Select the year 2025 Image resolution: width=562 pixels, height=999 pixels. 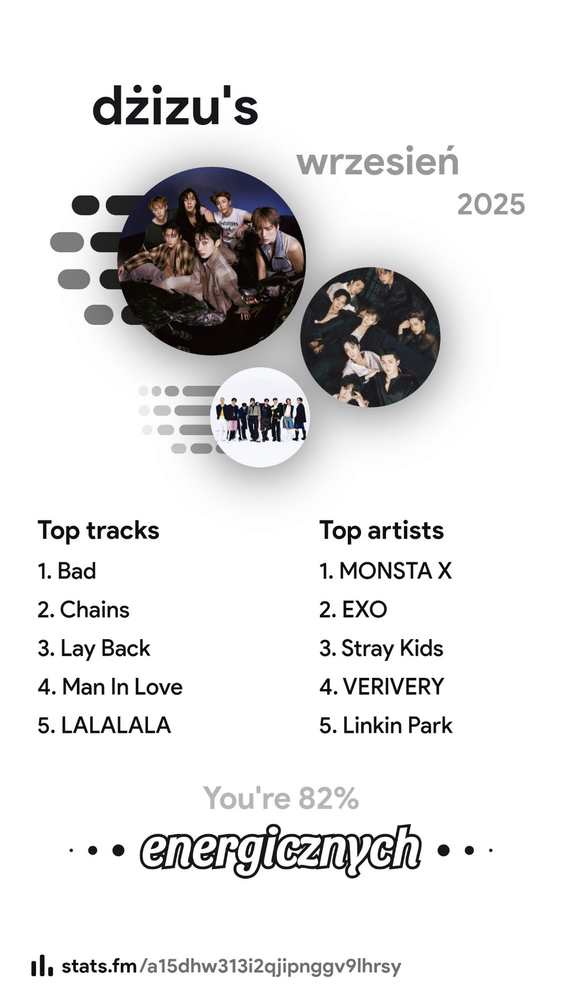coord(491,205)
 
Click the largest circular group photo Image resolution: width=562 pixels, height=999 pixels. coord(212,261)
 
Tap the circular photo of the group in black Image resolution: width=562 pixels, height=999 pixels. coord(371,337)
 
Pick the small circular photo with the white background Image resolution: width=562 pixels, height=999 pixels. coord(260,417)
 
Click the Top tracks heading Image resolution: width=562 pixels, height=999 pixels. coord(99,531)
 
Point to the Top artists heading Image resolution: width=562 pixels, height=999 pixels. coord(382,531)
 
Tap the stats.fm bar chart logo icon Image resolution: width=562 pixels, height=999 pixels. coord(42,966)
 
